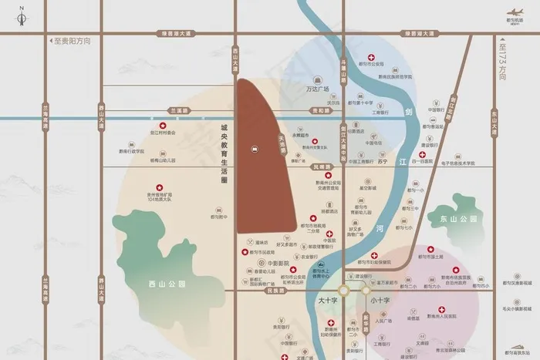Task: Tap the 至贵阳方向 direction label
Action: click(70, 41)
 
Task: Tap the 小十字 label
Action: click(380, 300)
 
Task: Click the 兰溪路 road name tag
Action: click(179, 111)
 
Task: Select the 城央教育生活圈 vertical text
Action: click(224, 154)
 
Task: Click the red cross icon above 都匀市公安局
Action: click(371, 58)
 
